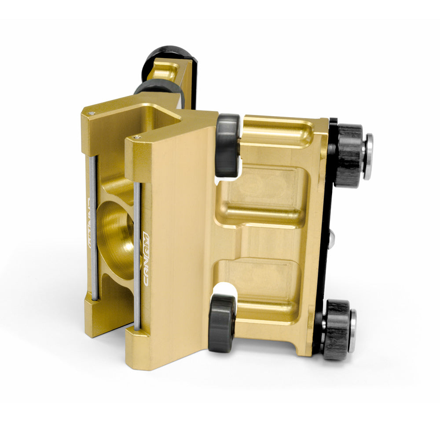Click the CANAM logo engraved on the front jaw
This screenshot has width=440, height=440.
(x=147, y=260)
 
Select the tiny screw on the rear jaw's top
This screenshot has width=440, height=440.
(x=92, y=113)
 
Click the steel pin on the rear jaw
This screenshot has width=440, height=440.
(x=93, y=229)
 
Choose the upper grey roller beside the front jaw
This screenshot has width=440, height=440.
(x=228, y=145)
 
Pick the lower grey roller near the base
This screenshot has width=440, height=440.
(x=221, y=323)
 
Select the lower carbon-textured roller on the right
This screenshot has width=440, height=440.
(x=337, y=329)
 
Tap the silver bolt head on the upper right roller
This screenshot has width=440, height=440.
(x=368, y=157)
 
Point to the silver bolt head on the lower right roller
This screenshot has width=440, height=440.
(x=352, y=331)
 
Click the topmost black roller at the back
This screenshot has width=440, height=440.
(x=169, y=57)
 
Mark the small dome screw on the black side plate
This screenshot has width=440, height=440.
(x=334, y=238)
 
